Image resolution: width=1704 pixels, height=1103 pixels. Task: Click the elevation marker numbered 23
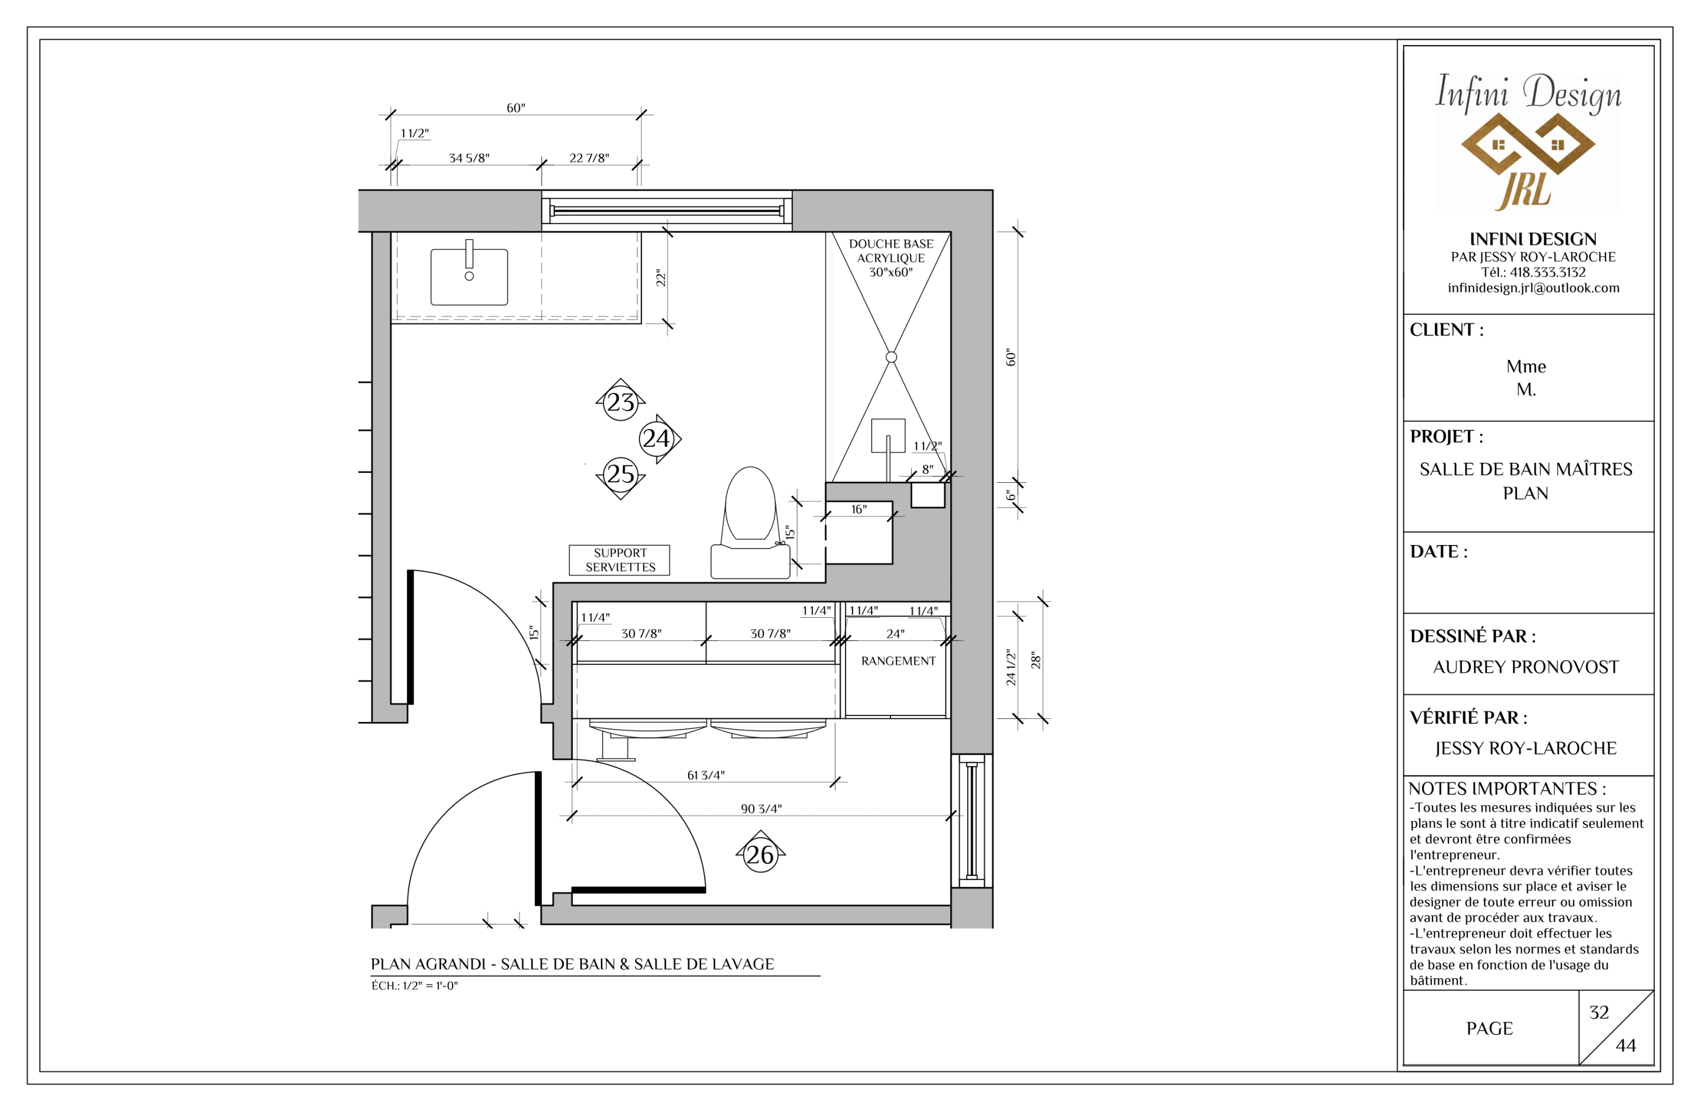620,402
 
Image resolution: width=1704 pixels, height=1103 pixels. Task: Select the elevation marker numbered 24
657,438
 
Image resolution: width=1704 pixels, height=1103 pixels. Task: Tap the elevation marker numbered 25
620,475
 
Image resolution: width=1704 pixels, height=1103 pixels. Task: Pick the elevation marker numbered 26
760,854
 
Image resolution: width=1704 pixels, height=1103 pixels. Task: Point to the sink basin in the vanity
469,276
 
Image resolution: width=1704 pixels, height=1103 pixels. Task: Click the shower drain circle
892,357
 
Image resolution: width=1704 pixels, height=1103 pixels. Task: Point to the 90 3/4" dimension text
761,809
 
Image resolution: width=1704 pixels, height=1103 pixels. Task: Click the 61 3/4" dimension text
706,775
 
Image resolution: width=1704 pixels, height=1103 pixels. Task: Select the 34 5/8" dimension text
469,157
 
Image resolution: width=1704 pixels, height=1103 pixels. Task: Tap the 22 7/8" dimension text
589,157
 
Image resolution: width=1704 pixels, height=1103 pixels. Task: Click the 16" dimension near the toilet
859,509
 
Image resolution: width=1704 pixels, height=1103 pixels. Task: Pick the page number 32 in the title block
1599,1012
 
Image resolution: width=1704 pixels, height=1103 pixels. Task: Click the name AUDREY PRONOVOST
1526,667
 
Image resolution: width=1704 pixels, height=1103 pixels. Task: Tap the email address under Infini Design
1533,288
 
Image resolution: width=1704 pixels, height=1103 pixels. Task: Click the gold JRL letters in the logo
1524,191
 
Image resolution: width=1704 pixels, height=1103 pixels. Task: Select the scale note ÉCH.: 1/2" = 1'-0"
415,985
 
